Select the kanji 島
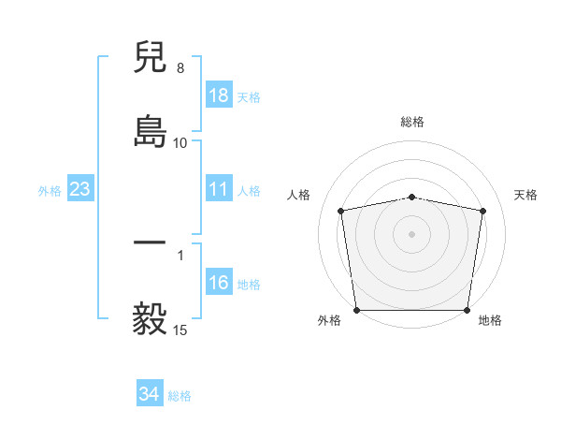point(150,130)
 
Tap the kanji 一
point(150,242)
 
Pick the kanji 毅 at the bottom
point(150,318)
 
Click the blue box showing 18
point(219,95)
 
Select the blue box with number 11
point(219,189)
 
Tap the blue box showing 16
point(219,283)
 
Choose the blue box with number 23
point(80,189)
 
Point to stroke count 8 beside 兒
point(180,68)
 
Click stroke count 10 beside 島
point(180,143)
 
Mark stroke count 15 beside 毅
point(180,330)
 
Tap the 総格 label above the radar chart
point(412,122)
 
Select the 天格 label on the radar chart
point(526,195)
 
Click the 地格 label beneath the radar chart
point(490,321)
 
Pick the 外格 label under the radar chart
point(329,321)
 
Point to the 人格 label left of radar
point(299,195)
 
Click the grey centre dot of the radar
point(412,233)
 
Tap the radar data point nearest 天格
point(482,211)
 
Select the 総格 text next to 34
point(180,396)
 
